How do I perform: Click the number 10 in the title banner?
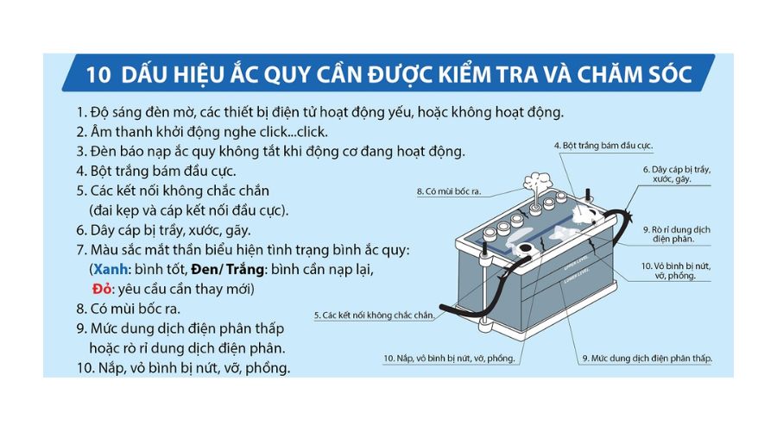pos(97,75)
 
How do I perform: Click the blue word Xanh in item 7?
pos(111,269)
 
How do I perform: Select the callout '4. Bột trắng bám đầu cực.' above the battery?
pos(591,147)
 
